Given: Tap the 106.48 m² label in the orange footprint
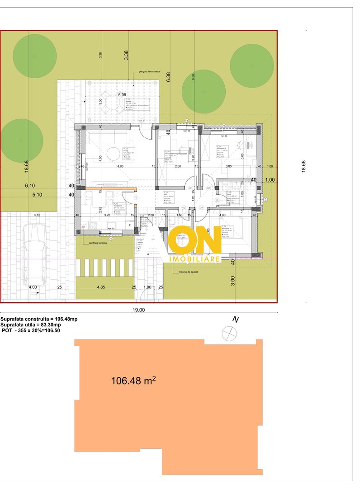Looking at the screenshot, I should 133,380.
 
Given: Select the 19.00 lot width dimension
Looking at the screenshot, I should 139,310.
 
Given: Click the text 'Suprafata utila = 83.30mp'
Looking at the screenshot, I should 30,325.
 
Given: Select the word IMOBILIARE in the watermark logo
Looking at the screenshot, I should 194,259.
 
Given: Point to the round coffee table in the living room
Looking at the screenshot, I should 114,153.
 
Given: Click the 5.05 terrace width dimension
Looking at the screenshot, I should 122,95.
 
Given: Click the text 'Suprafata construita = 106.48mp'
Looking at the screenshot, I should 39,319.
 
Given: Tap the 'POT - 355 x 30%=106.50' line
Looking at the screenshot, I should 31,331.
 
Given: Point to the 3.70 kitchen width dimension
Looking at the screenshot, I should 107,216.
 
